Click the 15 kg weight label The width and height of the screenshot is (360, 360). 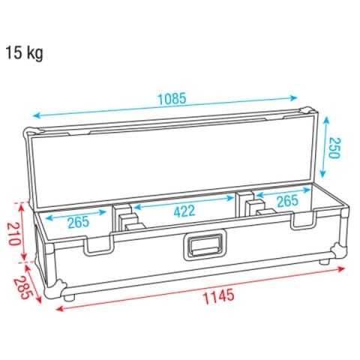[24, 53]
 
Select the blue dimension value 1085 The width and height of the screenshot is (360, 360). [172, 98]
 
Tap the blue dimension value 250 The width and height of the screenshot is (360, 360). [334, 148]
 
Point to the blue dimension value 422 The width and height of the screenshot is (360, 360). [184, 211]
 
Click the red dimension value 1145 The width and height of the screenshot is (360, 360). [219, 296]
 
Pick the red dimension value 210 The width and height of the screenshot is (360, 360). [14, 233]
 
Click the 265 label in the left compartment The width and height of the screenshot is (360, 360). [78, 222]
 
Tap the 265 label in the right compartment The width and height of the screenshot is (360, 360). [287, 201]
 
